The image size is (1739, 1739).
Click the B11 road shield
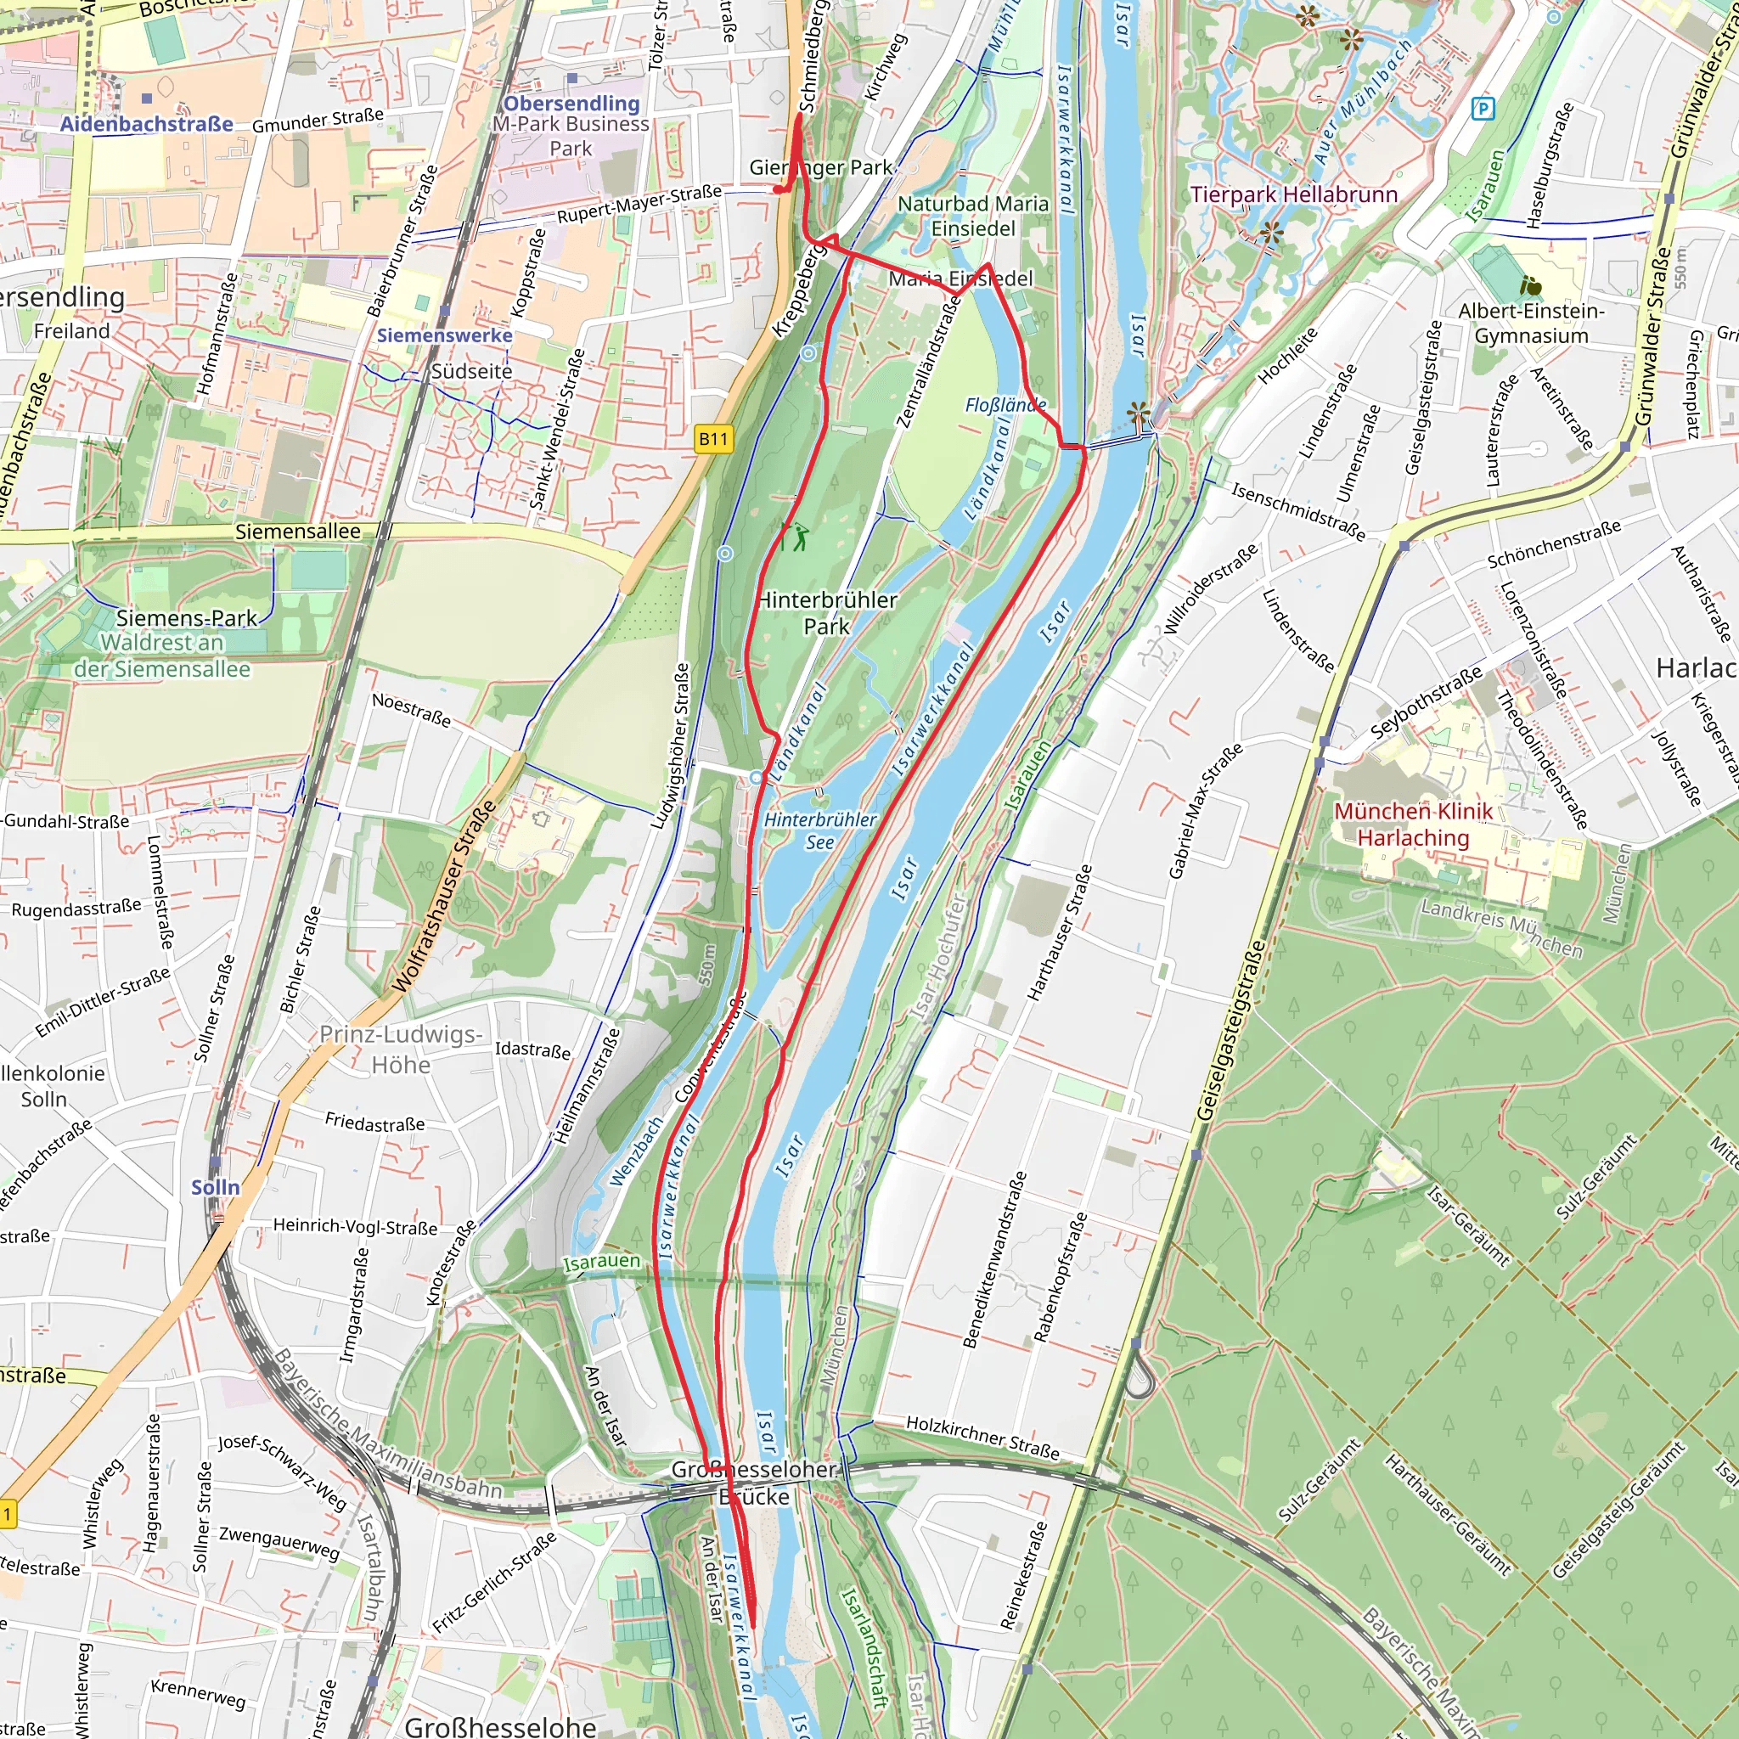point(714,438)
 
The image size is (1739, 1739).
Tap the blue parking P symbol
point(1482,109)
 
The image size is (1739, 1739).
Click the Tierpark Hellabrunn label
point(1293,194)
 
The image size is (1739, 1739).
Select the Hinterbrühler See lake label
point(819,830)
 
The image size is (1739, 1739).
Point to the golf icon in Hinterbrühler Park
point(796,537)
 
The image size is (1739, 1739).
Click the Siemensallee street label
point(297,532)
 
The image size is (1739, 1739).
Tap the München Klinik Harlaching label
point(1412,824)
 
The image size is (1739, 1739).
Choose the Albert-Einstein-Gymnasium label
point(1531,324)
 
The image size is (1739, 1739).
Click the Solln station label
point(215,1187)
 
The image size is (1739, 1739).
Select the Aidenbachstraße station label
point(147,124)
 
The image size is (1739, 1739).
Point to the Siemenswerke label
point(444,335)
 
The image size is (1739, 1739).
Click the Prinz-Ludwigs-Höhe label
point(401,1049)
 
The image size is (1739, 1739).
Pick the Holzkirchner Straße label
point(982,1437)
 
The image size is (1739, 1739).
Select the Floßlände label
point(1005,405)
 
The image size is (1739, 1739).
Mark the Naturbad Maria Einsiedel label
point(973,216)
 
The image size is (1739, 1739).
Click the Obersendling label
point(571,104)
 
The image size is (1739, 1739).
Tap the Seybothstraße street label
point(1426,702)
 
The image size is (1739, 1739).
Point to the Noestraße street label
point(411,709)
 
